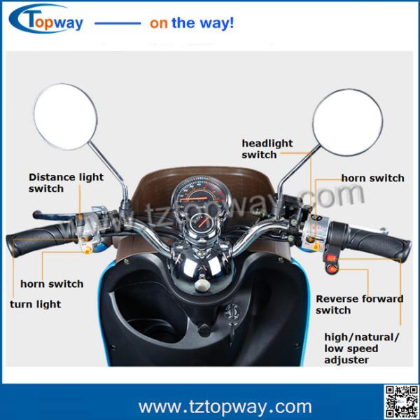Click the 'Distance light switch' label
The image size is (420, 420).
[66, 183]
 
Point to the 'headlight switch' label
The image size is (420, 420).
[267, 148]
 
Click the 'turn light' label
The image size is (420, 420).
[35, 304]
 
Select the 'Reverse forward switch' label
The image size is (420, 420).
[359, 304]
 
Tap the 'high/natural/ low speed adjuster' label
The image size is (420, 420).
[362, 349]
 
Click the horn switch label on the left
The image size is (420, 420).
[52, 284]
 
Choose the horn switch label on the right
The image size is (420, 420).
[372, 178]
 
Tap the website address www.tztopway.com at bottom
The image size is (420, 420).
[225, 406]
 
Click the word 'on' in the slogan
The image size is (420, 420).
[158, 23]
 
